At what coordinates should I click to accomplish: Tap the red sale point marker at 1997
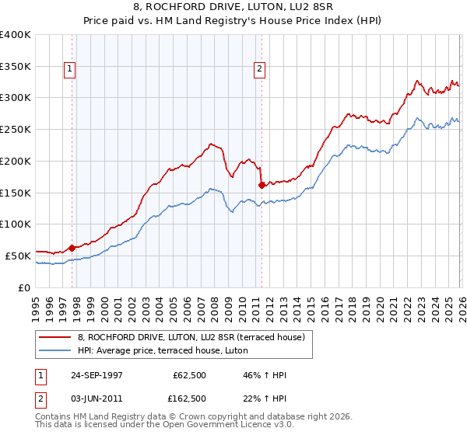pyautogui.click(x=72, y=248)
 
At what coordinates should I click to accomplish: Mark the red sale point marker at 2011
pyautogui.click(x=262, y=185)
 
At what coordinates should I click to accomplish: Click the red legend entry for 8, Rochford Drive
pyautogui.click(x=195, y=337)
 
